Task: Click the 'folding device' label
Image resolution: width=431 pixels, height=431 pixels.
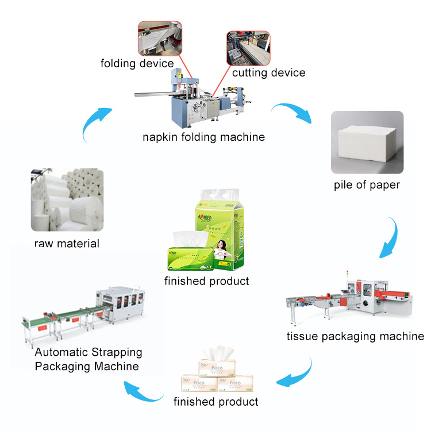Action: [137, 63]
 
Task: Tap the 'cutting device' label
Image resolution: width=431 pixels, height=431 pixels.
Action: [268, 73]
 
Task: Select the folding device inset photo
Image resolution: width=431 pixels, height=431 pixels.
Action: [160, 39]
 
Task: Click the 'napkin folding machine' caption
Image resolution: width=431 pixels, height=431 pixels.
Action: [203, 137]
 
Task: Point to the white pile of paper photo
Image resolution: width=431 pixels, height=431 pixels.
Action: [367, 143]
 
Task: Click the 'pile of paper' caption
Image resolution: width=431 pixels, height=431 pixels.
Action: [367, 185]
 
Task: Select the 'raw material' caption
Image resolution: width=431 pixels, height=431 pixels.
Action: [67, 243]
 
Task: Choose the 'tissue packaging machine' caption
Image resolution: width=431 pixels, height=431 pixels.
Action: [355, 336]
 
